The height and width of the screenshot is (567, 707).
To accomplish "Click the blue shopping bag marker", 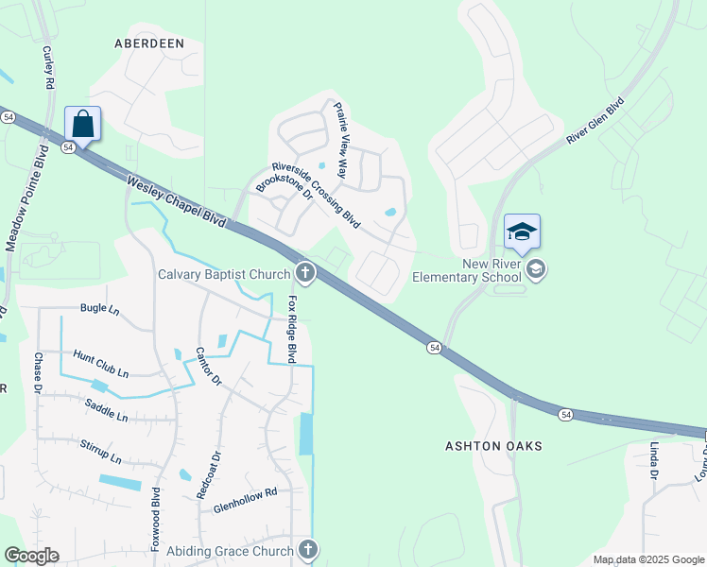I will tap(83, 124).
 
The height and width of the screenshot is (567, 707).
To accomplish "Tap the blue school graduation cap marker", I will tap(522, 232).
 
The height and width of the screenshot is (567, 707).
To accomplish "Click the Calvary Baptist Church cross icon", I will tap(305, 274).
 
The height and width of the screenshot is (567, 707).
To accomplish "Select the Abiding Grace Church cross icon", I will tap(307, 550).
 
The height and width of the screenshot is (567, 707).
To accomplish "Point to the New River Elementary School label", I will tap(466, 271).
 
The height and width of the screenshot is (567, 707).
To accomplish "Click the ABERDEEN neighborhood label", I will tap(147, 43).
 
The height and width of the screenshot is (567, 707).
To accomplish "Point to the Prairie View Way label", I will tap(342, 143).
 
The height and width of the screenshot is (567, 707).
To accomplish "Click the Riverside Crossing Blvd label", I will tap(316, 194).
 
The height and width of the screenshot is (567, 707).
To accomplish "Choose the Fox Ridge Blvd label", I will tap(292, 330).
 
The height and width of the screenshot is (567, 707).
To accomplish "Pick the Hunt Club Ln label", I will tap(100, 363).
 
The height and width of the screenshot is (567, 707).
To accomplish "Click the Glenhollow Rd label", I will tap(244, 491).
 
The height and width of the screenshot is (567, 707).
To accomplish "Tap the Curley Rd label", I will tap(47, 67).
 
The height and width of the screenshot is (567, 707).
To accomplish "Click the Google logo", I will tap(31, 556).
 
